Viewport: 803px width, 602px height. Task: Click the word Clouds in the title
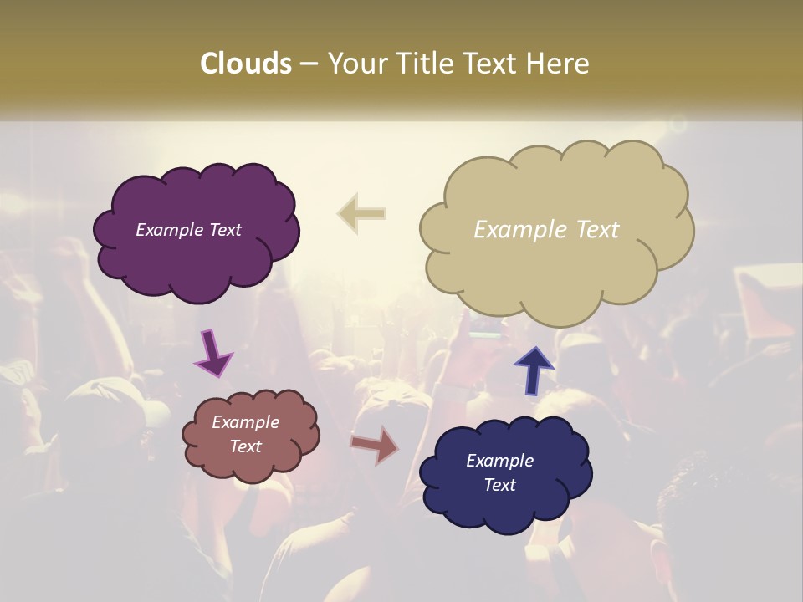point(246,64)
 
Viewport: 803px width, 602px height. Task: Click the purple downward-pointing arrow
point(214,353)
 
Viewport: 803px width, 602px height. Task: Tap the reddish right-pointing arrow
point(375,445)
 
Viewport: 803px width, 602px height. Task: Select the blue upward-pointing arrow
point(533,370)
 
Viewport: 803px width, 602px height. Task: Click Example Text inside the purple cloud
point(188,230)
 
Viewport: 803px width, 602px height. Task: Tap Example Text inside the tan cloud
point(546,230)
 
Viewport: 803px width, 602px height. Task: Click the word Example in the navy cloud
point(499,461)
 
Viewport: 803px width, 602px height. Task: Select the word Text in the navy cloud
point(499,485)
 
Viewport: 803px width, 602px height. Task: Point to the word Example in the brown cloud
point(245,422)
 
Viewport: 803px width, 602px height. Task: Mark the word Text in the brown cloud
point(245,446)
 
